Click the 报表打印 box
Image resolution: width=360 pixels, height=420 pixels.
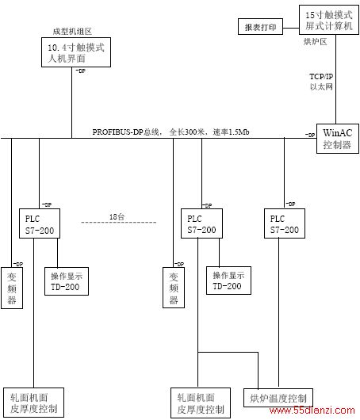pos(260,26)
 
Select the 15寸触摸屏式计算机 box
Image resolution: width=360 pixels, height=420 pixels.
pos(329,20)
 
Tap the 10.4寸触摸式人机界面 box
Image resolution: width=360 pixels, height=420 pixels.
pos(76,52)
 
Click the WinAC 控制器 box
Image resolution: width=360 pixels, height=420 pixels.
pos(338,139)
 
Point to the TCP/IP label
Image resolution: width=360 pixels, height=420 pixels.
pos(321,77)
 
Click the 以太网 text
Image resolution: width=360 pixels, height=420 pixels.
pos(321,87)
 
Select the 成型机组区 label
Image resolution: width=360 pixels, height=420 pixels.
pos(72,32)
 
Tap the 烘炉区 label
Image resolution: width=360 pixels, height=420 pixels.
pos(315,42)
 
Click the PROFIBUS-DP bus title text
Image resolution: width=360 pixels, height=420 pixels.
pos(170,132)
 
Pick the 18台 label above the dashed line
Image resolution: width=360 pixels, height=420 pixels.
pos(117,216)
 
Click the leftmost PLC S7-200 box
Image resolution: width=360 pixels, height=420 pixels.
pos(40,223)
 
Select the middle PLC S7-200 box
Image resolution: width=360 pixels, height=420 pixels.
pos(201,223)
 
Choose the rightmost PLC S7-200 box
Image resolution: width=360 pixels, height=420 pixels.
pos(285,223)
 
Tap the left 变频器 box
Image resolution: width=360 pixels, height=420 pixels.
pos(12,288)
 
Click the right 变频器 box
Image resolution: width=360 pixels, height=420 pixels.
pos(174,288)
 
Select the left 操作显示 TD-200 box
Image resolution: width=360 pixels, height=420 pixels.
pos(67,281)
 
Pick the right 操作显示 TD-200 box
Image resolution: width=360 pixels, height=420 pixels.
pos(228,281)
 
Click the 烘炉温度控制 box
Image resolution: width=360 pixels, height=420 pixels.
pos(278,398)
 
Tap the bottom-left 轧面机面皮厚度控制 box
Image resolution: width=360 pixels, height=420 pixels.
pos(33,403)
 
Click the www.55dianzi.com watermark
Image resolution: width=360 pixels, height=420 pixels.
pos(312,410)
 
